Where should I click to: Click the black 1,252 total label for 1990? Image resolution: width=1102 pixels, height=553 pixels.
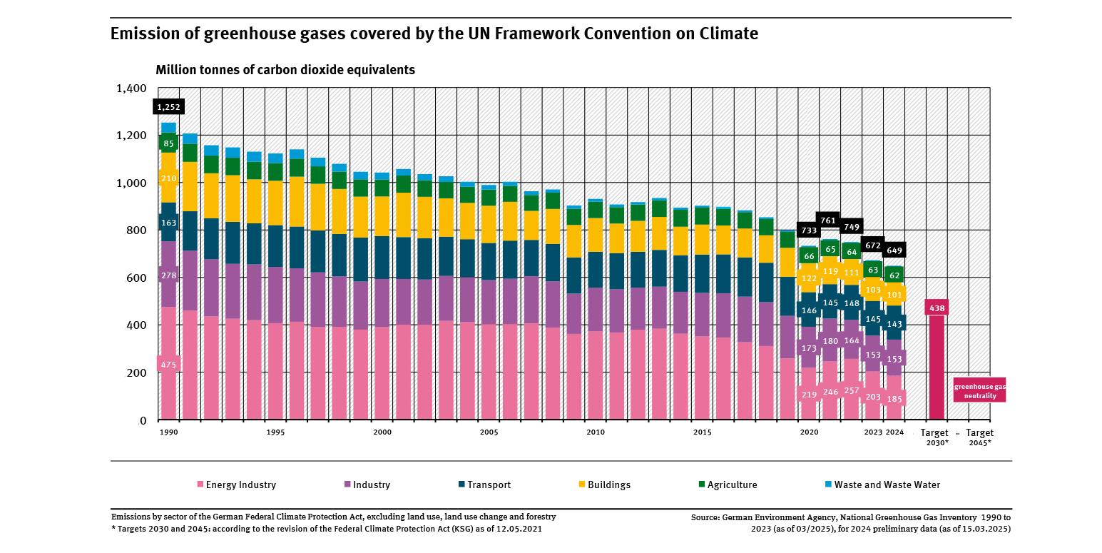[x=168, y=107]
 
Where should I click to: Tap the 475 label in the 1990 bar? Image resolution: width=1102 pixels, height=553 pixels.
[x=168, y=365]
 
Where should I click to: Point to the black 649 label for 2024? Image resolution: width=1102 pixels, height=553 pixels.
[x=894, y=250]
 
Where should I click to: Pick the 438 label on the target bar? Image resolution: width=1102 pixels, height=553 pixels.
[x=936, y=308]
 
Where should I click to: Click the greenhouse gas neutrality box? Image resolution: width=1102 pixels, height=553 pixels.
[x=980, y=390]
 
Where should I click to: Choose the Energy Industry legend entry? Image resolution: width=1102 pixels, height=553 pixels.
[x=236, y=485]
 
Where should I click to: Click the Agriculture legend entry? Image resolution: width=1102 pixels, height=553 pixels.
[x=727, y=485]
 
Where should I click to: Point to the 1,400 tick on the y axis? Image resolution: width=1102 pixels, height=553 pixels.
[x=131, y=88]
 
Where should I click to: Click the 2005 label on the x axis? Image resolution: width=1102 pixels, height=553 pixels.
[x=489, y=432]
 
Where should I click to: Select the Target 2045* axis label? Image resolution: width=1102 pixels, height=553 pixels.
[x=979, y=437]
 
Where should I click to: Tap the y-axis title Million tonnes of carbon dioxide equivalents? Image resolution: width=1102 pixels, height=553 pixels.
[x=285, y=70]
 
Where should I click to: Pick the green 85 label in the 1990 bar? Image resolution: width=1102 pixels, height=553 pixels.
[x=168, y=143]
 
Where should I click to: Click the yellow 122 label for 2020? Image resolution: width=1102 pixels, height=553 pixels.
[x=809, y=278]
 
